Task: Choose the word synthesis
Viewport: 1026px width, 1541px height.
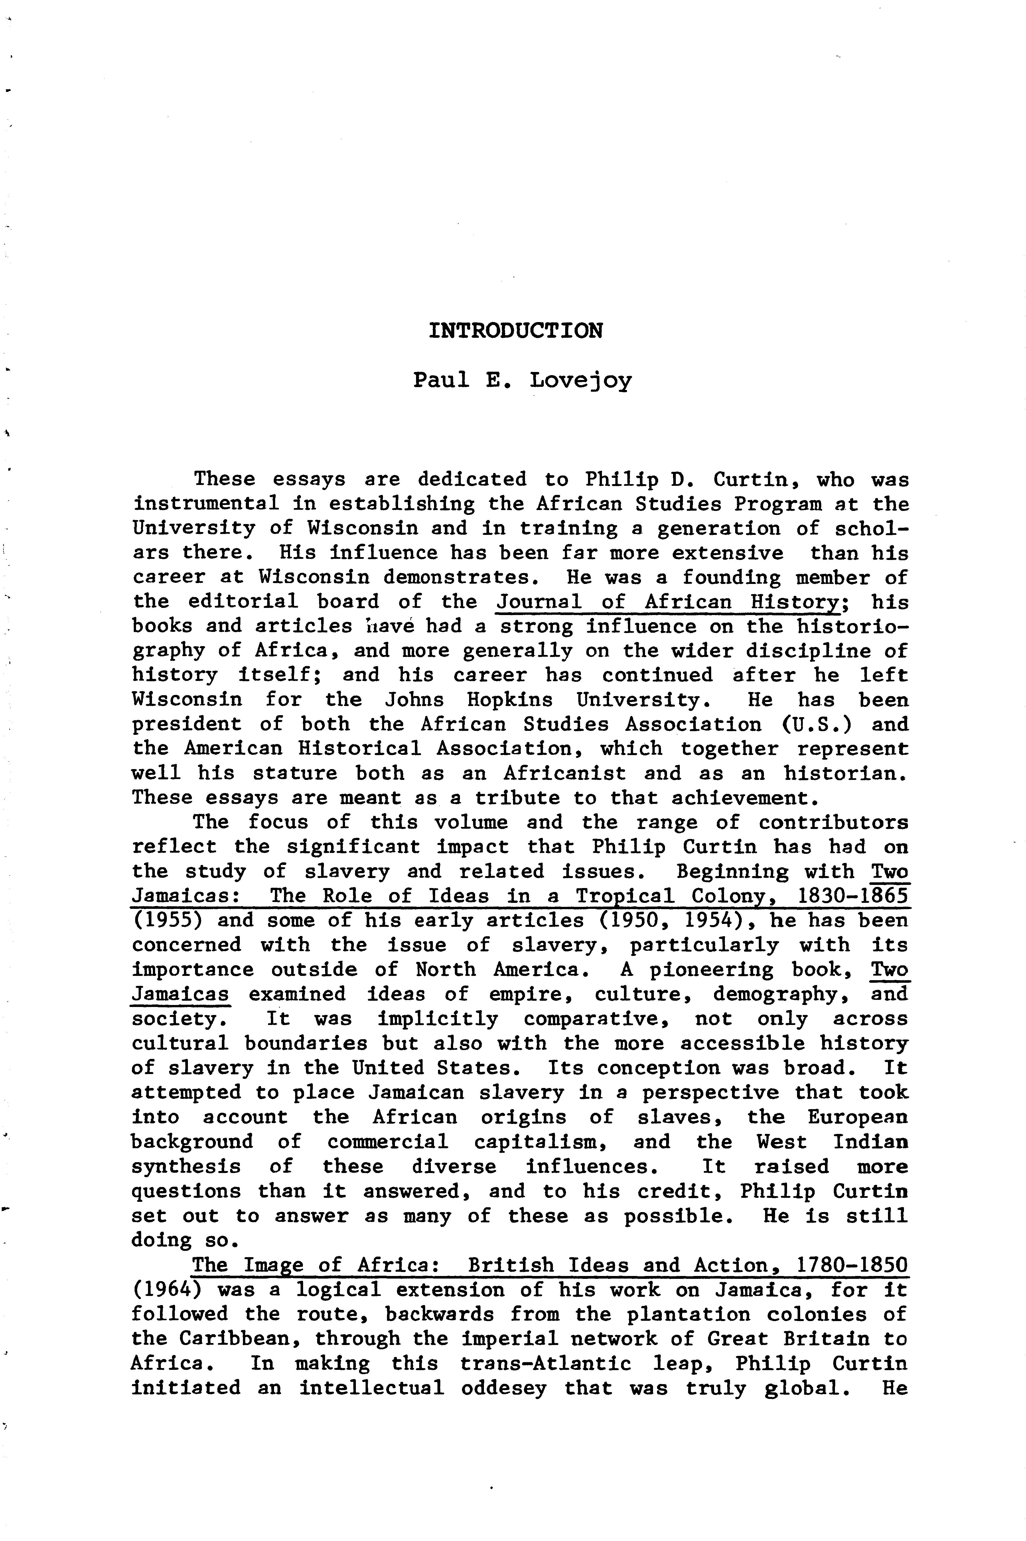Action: pyautogui.click(x=186, y=1166)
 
